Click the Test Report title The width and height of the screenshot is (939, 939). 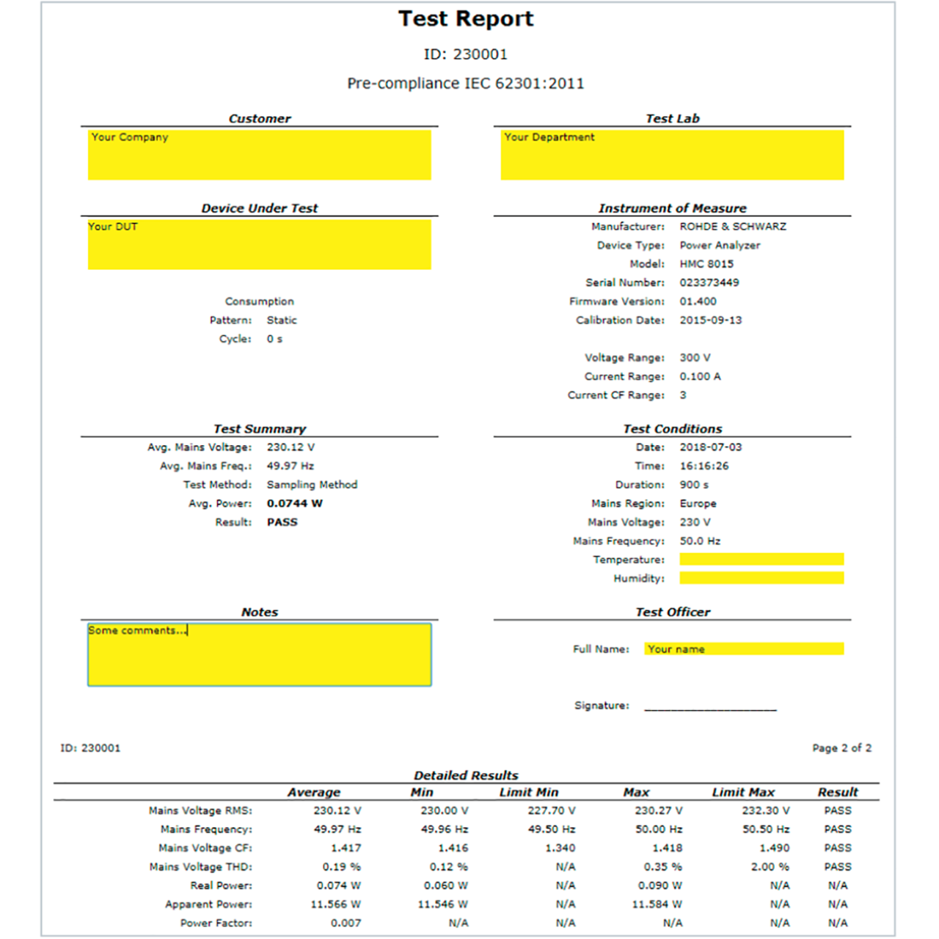pos(466,19)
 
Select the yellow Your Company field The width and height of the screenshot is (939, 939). pos(259,155)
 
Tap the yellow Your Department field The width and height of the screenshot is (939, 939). pos(672,155)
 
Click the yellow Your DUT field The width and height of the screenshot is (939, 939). pos(259,244)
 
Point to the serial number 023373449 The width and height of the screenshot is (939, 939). pos(709,282)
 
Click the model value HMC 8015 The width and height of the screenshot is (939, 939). pos(706,264)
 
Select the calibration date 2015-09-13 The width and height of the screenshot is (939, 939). pos(710,320)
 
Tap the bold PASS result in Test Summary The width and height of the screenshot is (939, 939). pos(282,522)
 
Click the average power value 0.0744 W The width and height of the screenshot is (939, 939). pos(294,503)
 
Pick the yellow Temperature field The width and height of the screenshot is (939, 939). pos(761,559)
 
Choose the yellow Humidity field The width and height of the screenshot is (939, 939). pos(761,578)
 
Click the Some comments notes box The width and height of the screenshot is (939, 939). pos(259,655)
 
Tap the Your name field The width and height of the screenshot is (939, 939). pos(744,648)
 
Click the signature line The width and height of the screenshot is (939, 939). pos(710,707)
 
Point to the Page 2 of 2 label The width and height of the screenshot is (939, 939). pos(841,748)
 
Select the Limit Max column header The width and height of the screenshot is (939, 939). pos(743,792)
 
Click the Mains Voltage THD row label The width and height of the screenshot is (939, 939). pos(200,866)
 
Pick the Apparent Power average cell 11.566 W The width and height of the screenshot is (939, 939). pos(335,904)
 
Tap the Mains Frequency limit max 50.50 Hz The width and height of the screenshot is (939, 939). pos(766,829)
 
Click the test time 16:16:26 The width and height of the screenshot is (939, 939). pos(704,466)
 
